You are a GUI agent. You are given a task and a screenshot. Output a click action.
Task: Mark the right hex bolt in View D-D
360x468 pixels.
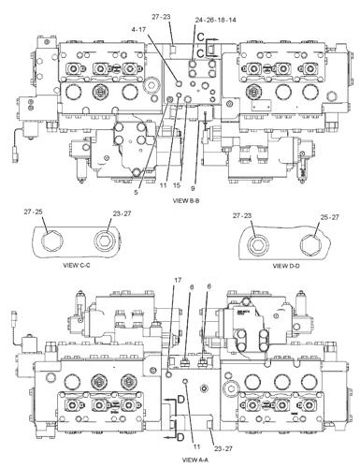(308, 245)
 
